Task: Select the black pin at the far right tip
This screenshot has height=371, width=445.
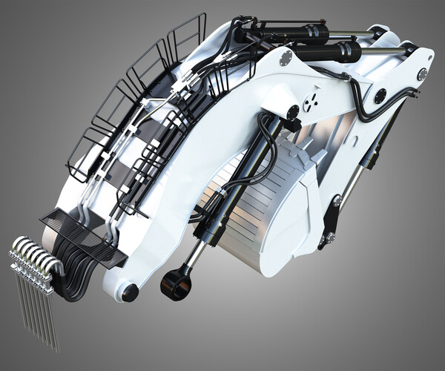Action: [421, 74]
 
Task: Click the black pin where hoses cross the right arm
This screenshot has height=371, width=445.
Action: [380, 96]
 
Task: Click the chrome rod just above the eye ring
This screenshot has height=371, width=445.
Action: [194, 256]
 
